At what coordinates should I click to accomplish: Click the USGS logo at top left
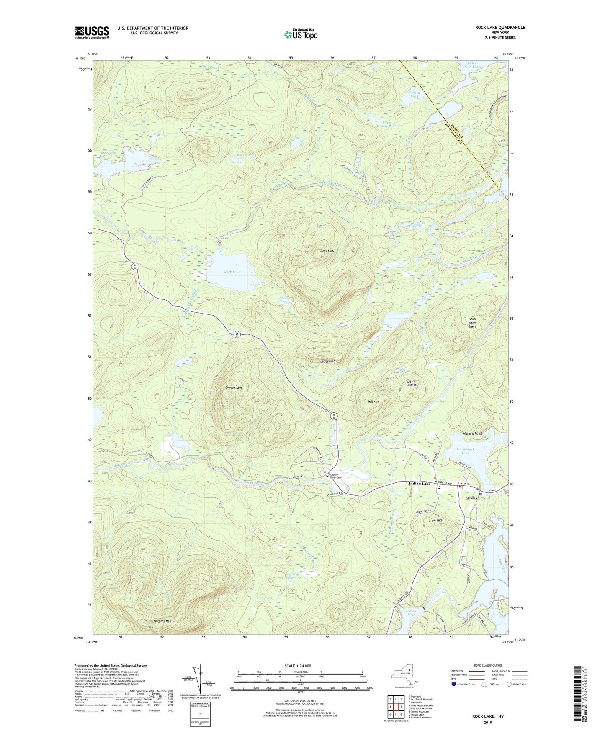tap(92, 32)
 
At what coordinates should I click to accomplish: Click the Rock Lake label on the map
tap(232, 272)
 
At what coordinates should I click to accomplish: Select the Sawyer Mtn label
tap(234, 388)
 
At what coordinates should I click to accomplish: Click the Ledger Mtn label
tap(328, 361)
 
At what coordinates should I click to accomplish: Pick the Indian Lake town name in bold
tap(419, 484)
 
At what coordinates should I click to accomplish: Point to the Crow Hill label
tap(435, 520)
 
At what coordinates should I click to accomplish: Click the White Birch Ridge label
tap(472, 322)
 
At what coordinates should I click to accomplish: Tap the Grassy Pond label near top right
tap(414, 94)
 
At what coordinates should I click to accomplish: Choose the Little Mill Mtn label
tap(413, 383)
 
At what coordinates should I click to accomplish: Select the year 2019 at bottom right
tap(488, 723)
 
